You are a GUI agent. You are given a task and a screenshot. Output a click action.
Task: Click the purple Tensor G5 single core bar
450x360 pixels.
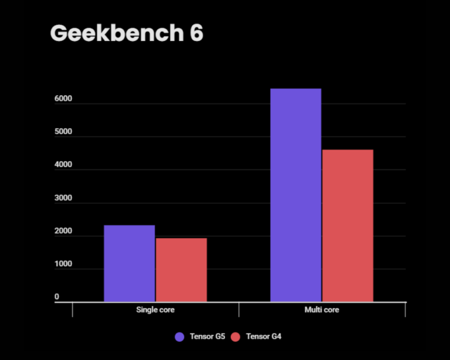point(129,263)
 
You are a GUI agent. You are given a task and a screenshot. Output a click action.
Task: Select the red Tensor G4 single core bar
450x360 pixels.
point(181,270)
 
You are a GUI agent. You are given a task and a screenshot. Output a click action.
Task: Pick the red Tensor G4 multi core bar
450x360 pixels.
point(347,226)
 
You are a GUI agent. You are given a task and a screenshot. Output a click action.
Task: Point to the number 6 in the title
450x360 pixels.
point(196,33)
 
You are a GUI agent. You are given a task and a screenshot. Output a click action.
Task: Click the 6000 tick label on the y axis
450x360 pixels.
point(63,99)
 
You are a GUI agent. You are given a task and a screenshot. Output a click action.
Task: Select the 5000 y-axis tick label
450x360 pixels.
point(63,132)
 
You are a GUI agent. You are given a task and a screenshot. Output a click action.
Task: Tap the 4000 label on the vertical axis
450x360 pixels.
point(63,165)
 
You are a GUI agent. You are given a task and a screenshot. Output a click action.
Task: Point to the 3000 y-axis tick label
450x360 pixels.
point(63,198)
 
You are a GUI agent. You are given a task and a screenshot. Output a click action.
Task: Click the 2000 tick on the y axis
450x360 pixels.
point(63,232)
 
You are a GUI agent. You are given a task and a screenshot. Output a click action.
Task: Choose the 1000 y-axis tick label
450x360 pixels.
point(63,264)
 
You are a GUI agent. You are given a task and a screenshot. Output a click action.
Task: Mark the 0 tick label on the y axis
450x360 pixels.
point(57,297)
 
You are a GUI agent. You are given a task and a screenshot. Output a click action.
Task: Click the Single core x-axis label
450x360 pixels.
point(155,310)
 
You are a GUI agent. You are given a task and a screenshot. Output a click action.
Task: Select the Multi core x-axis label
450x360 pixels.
point(322,310)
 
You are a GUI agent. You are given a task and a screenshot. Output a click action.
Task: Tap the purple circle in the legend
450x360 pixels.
point(180,337)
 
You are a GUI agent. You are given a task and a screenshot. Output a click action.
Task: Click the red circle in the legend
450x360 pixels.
point(236,337)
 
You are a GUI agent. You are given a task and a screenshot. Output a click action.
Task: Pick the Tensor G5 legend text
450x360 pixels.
point(207,337)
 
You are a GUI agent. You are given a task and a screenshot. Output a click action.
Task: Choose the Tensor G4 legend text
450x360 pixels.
point(264,337)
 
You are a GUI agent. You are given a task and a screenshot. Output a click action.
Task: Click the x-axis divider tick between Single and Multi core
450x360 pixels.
point(238,309)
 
